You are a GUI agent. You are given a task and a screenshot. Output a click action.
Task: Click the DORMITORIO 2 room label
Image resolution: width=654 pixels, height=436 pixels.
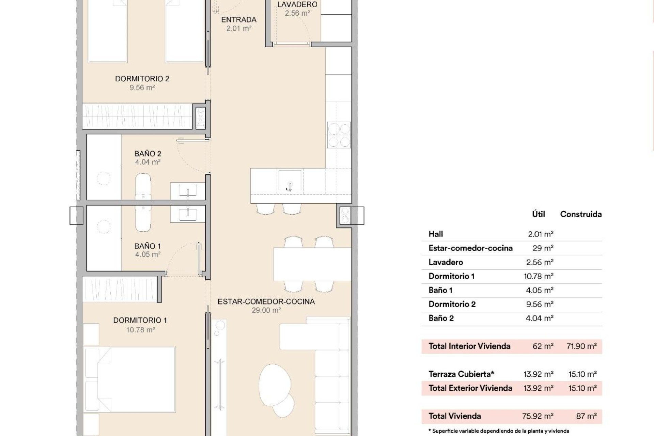pyautogui.click(x=142, y=79)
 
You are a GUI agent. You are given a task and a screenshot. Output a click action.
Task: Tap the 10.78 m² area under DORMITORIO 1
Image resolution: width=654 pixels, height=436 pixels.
pyautogui.click(x=140, y=330)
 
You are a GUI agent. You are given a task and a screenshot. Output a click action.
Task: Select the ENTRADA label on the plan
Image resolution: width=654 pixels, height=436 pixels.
pyautogui.click(x=238, y=20)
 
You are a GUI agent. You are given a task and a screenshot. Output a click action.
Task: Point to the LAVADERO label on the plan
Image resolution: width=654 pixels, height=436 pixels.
pyautogui.click(x=297, y=5)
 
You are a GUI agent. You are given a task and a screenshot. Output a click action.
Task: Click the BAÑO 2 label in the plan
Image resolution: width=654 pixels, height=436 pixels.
pyautogui.click(x=147, y=154)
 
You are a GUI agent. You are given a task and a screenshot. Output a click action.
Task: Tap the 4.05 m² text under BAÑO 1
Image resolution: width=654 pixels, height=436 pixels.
pyautogui.click(x=147, y=254)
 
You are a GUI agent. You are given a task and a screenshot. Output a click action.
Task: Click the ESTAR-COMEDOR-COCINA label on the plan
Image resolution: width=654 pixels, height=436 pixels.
pyautogui.click(x=266, y=301)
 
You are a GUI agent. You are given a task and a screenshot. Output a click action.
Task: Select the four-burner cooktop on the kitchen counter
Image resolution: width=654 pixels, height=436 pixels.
pyautogui.click(x=339, y=135)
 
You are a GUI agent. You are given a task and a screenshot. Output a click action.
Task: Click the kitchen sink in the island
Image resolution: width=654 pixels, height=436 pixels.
pyautogui.click(x=290, y=181)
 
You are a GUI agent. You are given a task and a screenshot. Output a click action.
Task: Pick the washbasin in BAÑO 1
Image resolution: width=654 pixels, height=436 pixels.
pyautogui.click(x=188, y=214)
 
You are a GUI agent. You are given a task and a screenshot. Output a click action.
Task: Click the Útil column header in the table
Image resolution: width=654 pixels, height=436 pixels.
pyautogui.click(x=539, y=214)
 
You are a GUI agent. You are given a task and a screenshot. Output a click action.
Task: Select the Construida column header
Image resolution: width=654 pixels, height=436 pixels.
pyautogui.click(x=581, y=214)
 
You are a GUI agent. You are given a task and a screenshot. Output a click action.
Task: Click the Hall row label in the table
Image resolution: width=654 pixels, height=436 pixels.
pyautogui.click(x=436, y=234)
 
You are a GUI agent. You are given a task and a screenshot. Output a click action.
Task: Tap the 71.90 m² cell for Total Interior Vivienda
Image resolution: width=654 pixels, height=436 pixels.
pyautogui.click(x=581, y=346)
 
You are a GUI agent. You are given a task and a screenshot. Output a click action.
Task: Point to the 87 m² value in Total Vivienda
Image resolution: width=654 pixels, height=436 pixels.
pyautogui.click(x=586, y=416)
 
